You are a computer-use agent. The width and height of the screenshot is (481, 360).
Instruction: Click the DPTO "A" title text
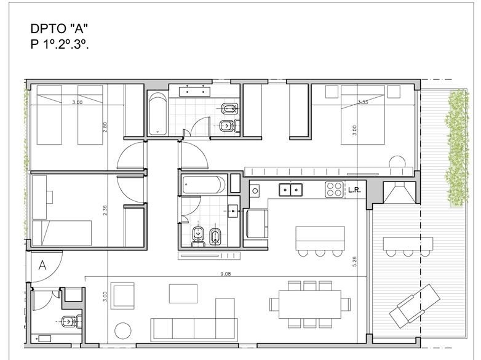[59, 28]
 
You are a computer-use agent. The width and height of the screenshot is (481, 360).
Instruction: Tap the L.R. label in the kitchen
[354, 190]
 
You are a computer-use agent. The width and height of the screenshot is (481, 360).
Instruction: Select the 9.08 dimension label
[226, 274]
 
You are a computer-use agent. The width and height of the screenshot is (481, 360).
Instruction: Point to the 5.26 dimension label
[356, 262]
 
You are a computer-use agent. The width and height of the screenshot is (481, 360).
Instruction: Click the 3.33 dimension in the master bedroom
[363, 102]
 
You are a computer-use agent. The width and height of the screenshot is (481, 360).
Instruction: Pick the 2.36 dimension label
[105, 210]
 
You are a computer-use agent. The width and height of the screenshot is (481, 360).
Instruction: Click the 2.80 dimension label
[105, 127]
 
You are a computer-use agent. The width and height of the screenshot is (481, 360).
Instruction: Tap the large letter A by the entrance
[42, 265]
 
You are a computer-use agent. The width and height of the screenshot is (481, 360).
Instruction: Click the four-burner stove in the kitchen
[334, 190]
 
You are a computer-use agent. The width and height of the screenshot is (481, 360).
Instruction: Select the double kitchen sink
[290, 190]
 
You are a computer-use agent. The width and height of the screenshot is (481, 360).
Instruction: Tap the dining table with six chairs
[310, 304]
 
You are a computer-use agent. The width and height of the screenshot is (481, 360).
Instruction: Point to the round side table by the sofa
[122, 331]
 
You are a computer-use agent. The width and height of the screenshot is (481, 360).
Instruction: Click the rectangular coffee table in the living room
[183, 294]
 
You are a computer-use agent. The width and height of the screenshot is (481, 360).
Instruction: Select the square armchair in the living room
[122, 296]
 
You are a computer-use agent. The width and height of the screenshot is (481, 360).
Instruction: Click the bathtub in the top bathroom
[158, 114]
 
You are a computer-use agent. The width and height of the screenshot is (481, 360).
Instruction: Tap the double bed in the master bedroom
[362, 115]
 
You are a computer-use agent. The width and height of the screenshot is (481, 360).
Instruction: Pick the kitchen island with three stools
[320, 241]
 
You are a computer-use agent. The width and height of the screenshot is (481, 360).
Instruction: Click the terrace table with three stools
[408, 247]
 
